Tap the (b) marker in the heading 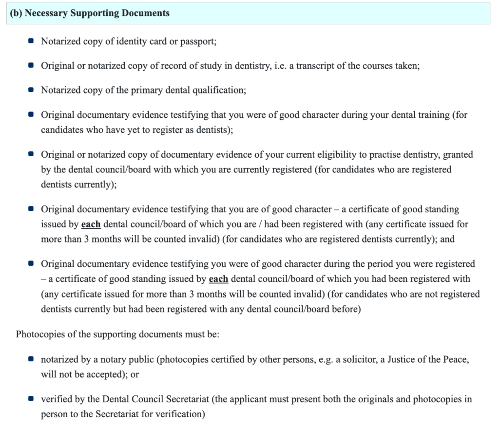[x=16, y=13]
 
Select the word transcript [x=319, y=66]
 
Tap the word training [x=428, y=115]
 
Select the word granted [x=457, y=154]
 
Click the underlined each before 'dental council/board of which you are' [x=91, y=225]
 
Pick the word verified [x=56, y=399]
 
